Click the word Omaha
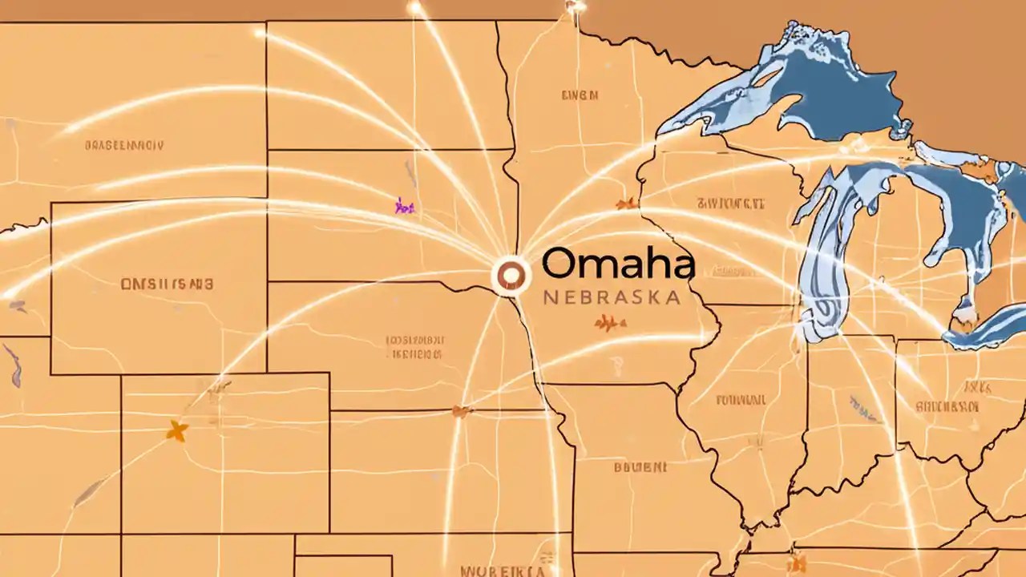[617, 264]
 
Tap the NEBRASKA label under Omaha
[612, 297]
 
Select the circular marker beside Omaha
[511, 276]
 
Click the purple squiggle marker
[405, 207]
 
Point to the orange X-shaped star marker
[177, 431]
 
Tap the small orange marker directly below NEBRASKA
[609, 323]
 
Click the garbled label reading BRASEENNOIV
[123, 146]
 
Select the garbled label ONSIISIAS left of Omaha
[167, 284]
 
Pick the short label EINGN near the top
[580, 95]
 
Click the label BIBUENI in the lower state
[639, 466]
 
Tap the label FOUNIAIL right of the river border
[740, 398]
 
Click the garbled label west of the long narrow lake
[729, 202]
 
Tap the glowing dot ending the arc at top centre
[575, 6]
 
